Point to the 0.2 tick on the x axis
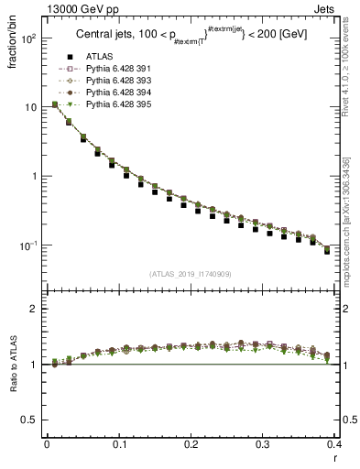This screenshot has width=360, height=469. (x=191, y=443)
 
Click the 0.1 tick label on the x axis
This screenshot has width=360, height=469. (x=119, y=443)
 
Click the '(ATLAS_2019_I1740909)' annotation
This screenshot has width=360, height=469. (x=191, y=273)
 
